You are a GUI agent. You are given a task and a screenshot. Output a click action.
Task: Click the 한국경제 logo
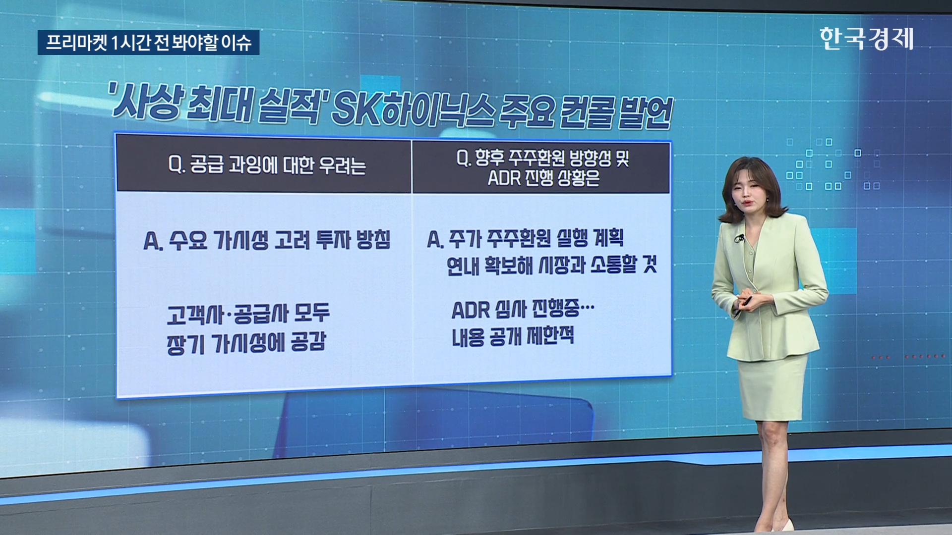[866, 39]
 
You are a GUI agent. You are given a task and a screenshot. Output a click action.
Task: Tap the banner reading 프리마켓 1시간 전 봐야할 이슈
[148, 43]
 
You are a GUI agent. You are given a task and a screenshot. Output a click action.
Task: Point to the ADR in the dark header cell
[504, 178]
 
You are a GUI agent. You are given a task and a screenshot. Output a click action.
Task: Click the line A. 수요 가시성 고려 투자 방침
[267, 240]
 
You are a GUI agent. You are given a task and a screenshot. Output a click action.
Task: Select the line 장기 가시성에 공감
[246, 343]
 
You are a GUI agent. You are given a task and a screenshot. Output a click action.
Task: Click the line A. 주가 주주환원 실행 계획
[526, 239]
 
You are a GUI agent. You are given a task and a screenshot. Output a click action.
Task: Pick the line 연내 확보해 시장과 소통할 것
[552, 265]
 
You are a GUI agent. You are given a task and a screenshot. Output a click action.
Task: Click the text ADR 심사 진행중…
[523, 310]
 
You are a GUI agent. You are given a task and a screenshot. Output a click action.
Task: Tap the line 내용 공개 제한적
[513, 336]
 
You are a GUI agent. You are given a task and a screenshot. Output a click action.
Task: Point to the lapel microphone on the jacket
[739, 239]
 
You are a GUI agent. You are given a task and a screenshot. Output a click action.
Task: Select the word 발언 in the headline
[645, 113]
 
